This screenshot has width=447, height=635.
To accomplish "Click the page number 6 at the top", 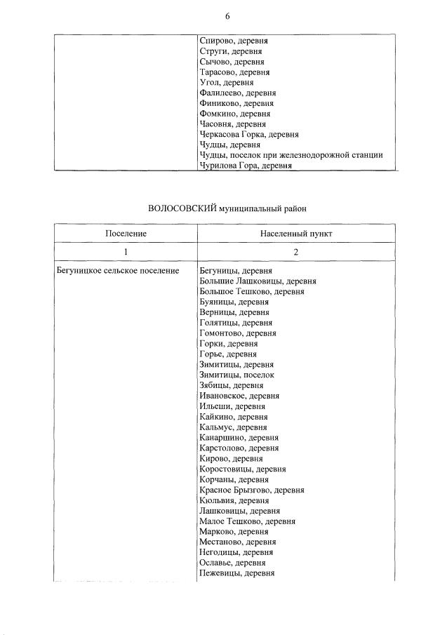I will point(227,15).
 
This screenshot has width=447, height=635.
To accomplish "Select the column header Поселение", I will point(126,232).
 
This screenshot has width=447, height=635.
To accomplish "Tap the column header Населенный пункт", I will point(295,232).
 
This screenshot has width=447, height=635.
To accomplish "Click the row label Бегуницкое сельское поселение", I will point(116,270).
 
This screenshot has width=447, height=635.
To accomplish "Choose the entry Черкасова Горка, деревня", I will point(248,134).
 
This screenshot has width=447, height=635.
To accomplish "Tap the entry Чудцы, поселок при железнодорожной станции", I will point(291,155).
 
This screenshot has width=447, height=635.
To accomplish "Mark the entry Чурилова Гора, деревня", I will point(245,166).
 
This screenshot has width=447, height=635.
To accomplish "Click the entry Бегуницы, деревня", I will point(235,270).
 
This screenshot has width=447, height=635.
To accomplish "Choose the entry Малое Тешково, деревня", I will point(247,521).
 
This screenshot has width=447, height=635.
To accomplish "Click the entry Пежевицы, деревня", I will point(236,573).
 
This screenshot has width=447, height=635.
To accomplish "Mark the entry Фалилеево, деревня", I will point(237,93).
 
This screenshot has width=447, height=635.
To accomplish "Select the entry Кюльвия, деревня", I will point(234,500).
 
